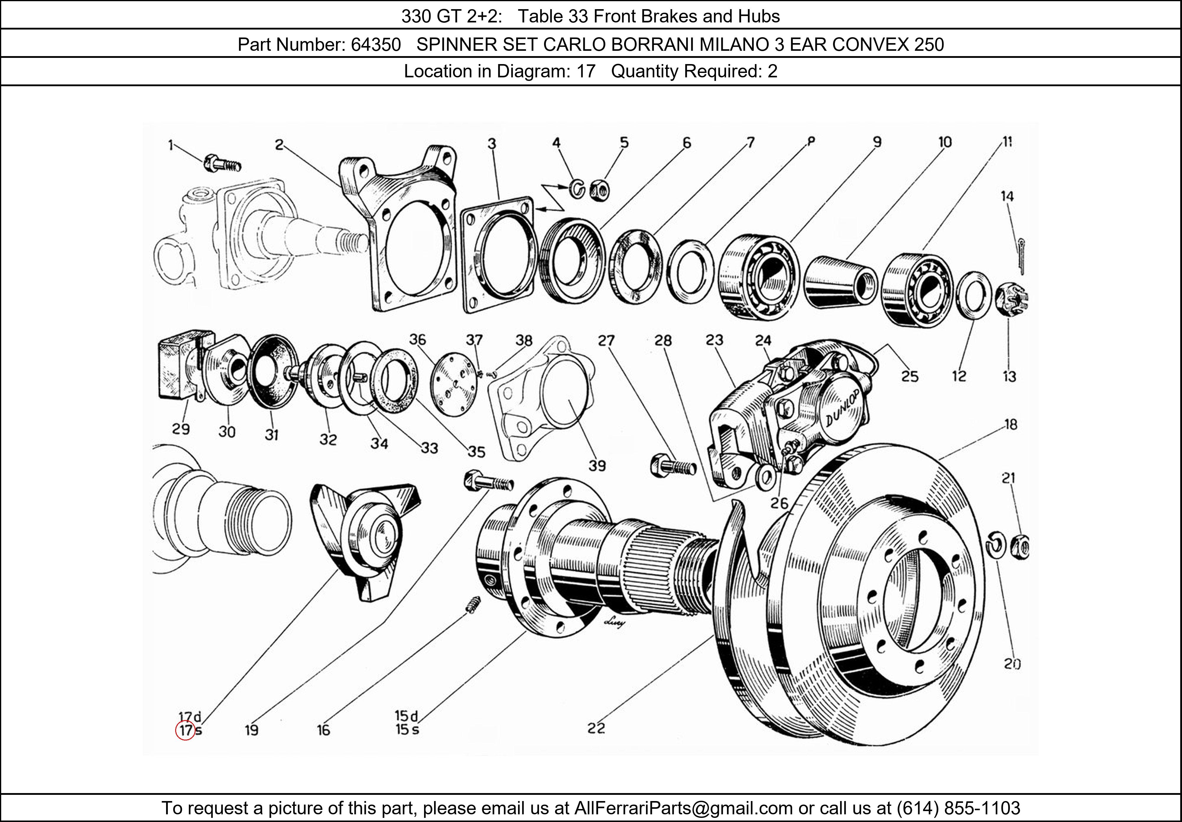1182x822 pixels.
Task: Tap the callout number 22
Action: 596,728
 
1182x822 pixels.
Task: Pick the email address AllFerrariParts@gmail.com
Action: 683,808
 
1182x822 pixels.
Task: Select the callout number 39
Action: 597,466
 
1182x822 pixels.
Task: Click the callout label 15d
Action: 406,715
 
